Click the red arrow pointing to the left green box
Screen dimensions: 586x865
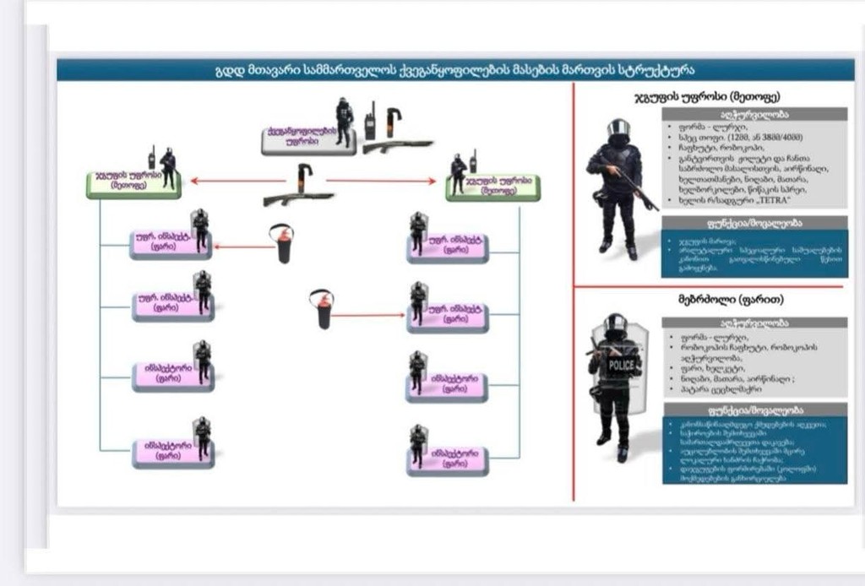point(237,180)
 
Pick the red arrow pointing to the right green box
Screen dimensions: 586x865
point(380,180)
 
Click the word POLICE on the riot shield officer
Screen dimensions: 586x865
point(621,365)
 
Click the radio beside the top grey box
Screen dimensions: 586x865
point(369,120)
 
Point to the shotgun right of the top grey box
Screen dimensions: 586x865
point(397,146)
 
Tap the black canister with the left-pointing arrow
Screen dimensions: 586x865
point(283,244)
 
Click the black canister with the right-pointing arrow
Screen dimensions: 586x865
point(322,310)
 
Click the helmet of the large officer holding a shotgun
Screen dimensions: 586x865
point(618,128)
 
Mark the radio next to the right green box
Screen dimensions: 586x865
point(473,160)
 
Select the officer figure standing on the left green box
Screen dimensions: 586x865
point(168,167)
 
